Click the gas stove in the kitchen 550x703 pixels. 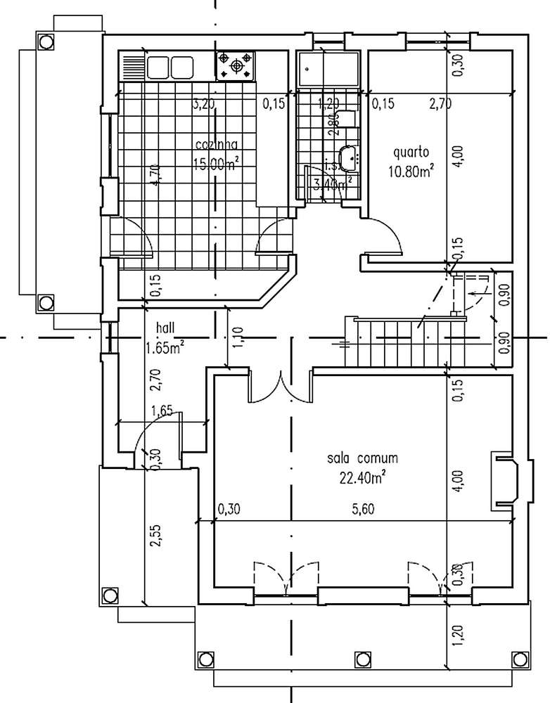236,65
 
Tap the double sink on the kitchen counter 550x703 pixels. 170,67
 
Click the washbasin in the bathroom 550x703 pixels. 347,160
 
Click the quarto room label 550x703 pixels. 411,152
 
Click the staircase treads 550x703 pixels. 394,342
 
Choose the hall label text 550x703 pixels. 166,328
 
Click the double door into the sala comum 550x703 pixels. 280,387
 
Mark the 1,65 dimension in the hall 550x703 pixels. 162,411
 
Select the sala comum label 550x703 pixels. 362,458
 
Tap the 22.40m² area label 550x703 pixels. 363,477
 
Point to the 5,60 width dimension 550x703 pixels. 362,510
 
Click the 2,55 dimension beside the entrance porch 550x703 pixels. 154,538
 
